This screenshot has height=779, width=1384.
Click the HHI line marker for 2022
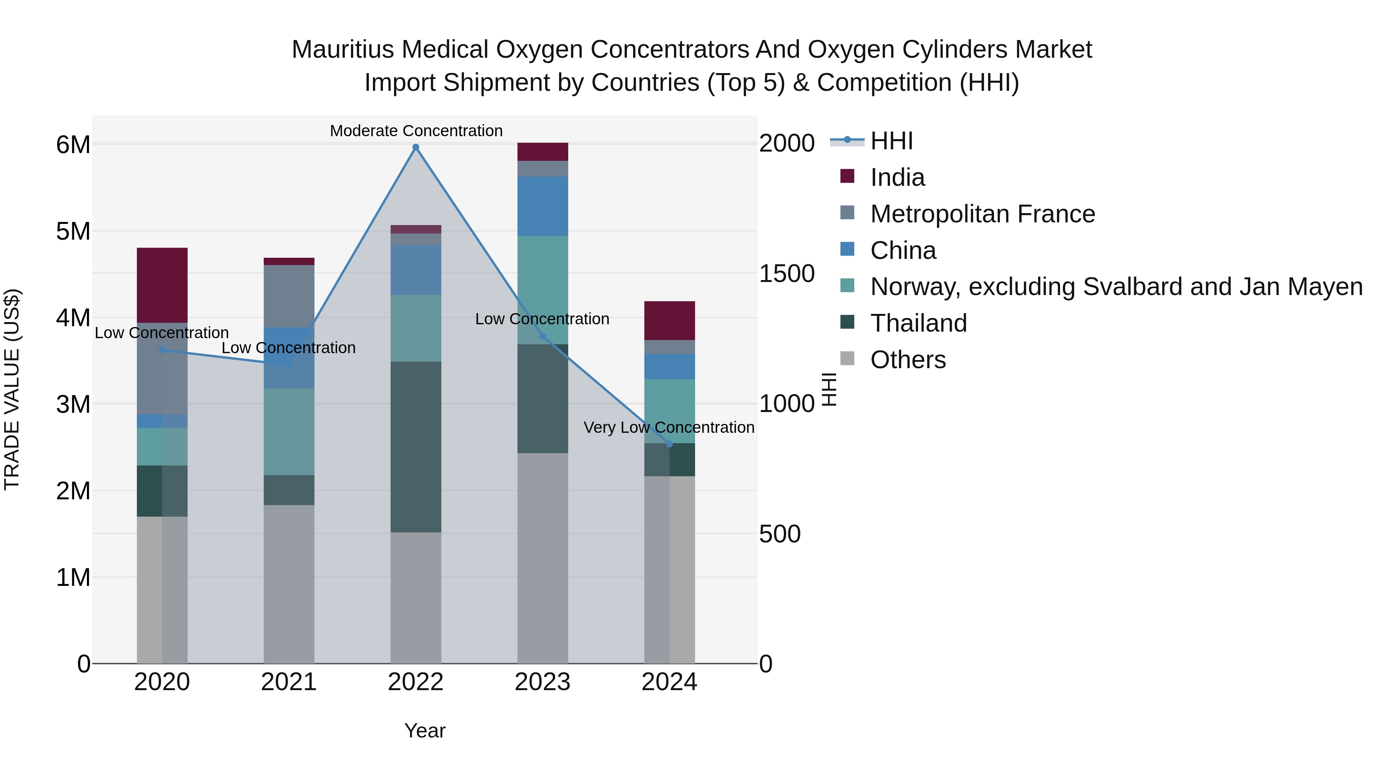point(415,147)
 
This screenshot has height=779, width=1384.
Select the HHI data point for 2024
point(669,444)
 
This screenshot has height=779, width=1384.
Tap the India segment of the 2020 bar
point(162,285)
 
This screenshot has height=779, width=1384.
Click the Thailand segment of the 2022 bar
point(415,446)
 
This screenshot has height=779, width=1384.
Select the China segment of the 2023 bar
point(542,206)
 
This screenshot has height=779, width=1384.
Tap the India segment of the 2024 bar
point(669,320)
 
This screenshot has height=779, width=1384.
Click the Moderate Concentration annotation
point(416,131)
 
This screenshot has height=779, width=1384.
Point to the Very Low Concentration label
point(669,427)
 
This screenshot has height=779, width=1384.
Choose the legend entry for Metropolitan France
point(982,214)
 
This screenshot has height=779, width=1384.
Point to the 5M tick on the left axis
point(73,232)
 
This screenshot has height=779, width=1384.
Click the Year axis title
point(424,731)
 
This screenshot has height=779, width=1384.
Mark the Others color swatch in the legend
point(847,359)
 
